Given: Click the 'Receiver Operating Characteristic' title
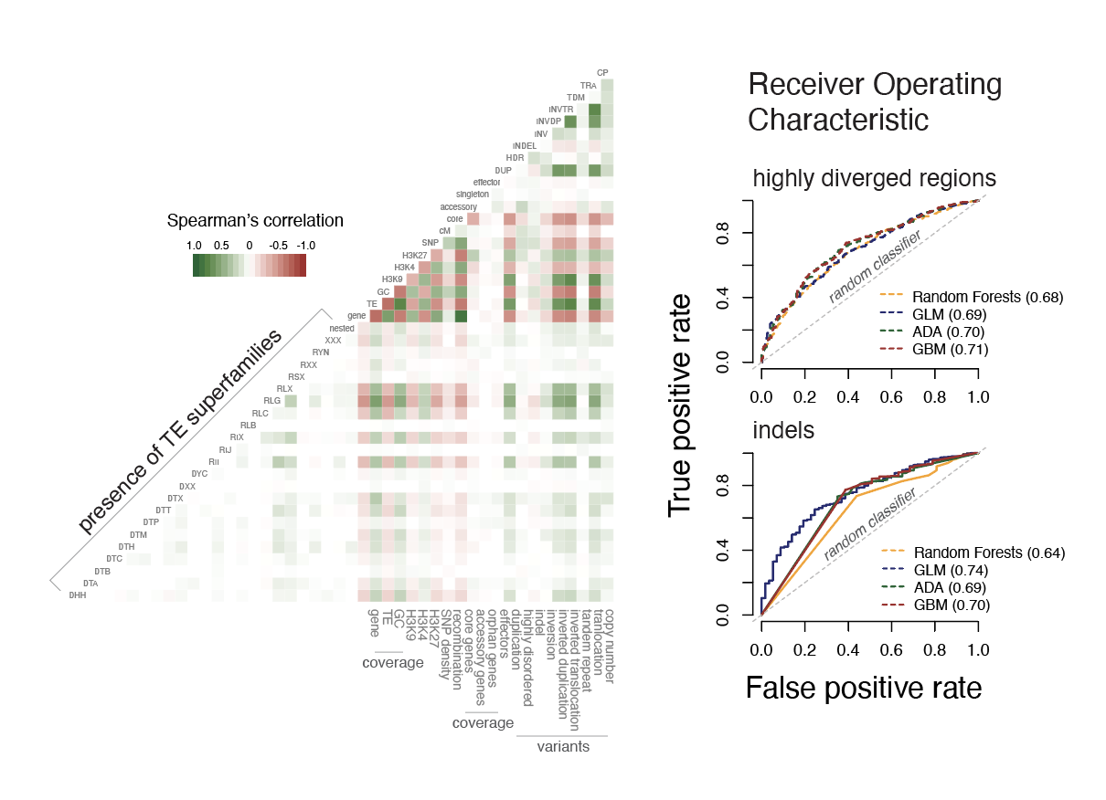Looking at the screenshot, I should click(875, 102).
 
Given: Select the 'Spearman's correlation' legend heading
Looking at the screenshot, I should click(255, 221).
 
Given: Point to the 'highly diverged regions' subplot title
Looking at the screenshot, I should click(874, 179).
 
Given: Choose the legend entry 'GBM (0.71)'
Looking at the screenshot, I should click(950, 350).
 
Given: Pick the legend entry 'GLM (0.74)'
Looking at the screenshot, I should click(951, 570).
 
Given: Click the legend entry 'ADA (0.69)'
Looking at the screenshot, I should click(951, 587).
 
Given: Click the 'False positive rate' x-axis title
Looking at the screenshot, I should click(864, 688).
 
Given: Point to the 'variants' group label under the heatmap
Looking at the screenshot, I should click(562, 747).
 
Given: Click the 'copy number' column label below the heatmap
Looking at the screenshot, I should click(608, 645).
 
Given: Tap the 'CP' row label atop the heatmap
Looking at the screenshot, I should click(602, 73).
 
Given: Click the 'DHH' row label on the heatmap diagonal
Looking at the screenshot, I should click(79, 595).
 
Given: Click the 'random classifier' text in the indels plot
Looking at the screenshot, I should click(870, 525).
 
